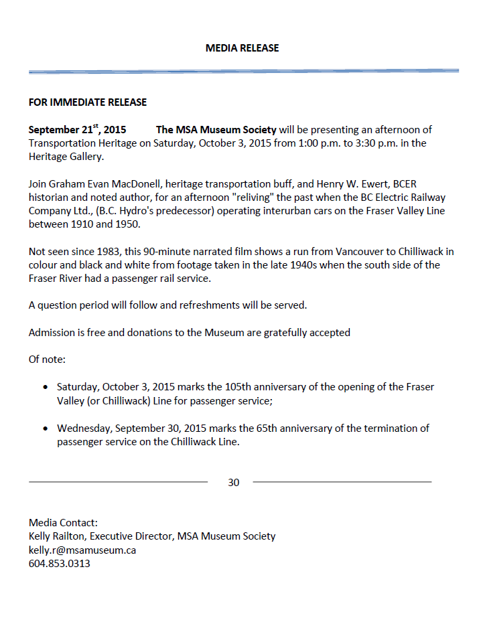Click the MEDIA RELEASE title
click(x=242, y=48)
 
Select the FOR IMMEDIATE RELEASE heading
click(x=88, y=102)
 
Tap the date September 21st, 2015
click(x=77, y=130)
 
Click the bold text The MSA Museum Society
click(x=216, y=130)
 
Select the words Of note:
click(x=47, y=360)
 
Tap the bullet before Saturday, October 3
click(x=45, y=388)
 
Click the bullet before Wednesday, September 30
click(x=45, y=428)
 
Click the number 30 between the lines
click(x=233, y=482)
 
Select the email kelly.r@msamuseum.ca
click(x=82, y=550)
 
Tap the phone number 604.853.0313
click(x=60, y=563)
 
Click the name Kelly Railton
click(x=58, y=536)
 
